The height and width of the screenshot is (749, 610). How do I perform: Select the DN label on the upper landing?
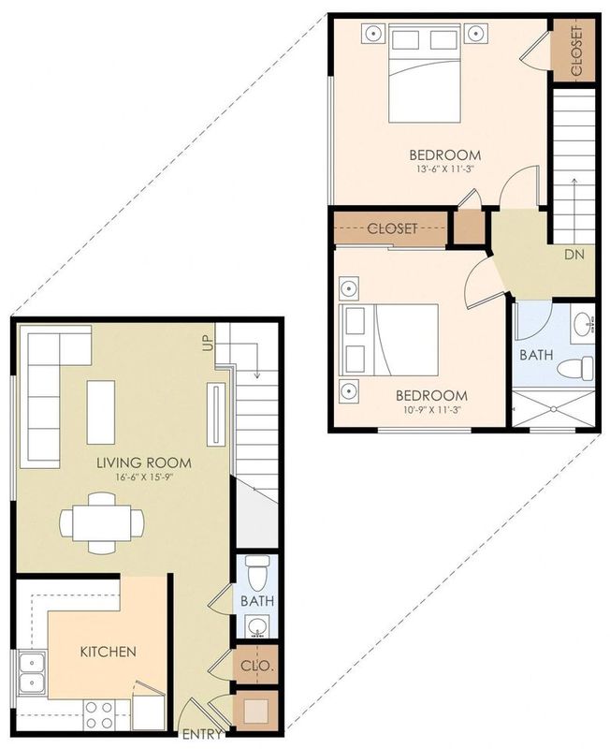pyautogui.click(x=574, y=254)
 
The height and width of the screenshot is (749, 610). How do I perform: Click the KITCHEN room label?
pyautogui.click(x=109, y=652)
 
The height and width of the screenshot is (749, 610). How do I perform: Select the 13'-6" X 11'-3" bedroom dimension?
pyautogui.click(x=444, y=170)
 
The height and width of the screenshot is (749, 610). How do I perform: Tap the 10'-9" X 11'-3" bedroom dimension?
pyautogui.click(x=429, y=410)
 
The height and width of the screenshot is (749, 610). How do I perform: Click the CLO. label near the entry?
pyautogui.click(x=256, y=667)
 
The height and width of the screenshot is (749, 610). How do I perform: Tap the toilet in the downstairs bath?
pyautogui.click(x=256, y=568)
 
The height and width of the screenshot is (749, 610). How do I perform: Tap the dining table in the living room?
pyautogui.click(x=102, y=522)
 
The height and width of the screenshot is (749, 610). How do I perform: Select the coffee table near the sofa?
pyautogui.click(x=101, y=411)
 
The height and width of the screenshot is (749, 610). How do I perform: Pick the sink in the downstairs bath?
pyautogui.click(x=255, y=625)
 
